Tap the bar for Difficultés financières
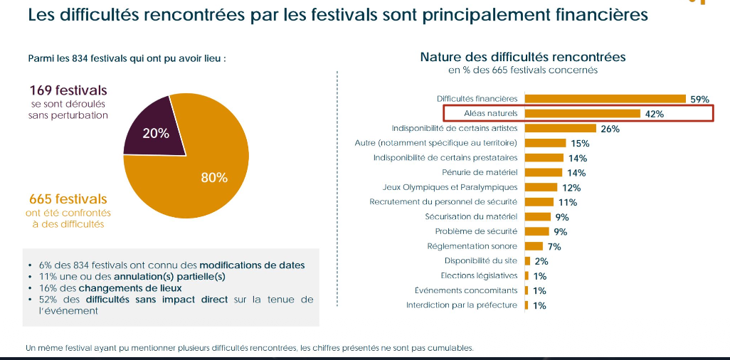point(605,99)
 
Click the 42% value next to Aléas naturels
point(654,114)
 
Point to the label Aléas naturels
point(490,113)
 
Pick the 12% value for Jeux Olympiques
point(571,188)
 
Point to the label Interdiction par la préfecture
point(462,305)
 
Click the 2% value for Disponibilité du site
point(541,261)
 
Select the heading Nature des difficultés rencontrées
point(522,56)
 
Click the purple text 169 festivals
point(68,90)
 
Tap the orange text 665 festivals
point(68,199)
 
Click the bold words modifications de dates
point(252,265)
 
